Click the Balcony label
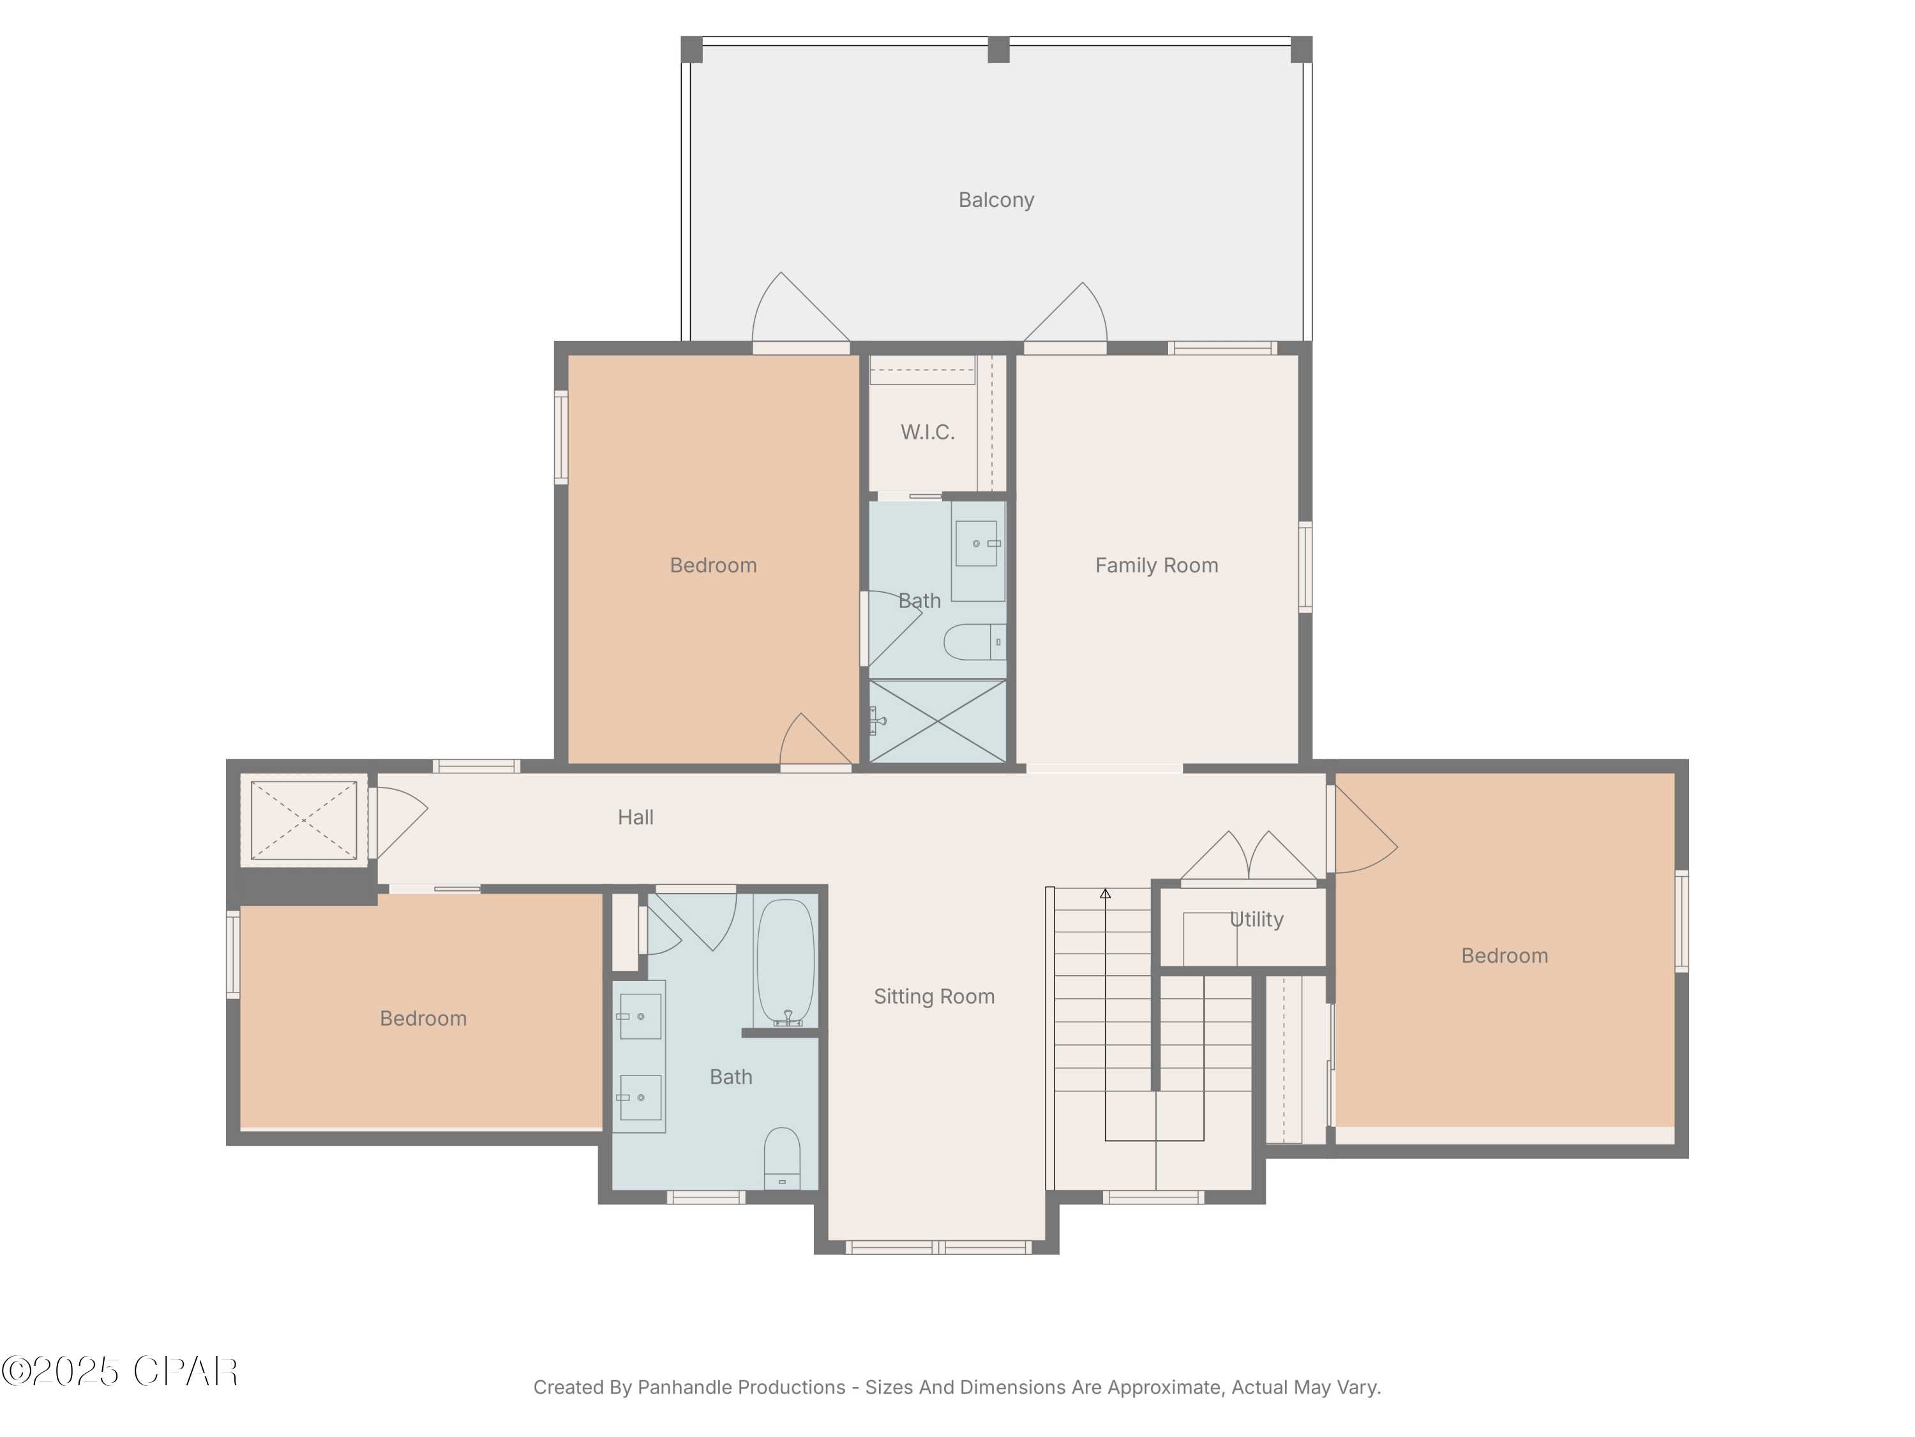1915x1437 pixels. tap(996, 200)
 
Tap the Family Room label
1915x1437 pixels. tap(1156, 566)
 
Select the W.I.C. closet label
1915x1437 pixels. tap(927, 432)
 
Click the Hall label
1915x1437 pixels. tap(635, 817)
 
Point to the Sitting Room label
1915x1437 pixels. tap(933, 996)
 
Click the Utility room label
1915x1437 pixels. tap(1256, 919)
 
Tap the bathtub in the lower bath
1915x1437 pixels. tap(785, 961)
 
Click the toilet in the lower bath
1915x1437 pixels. tap(782, 1158)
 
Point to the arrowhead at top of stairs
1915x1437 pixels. tap(1105, 893)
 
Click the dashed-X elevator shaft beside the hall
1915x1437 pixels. tap(303, 819)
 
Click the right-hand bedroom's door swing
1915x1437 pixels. tap(1363, 832)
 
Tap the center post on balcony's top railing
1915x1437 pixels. tap(998, 49)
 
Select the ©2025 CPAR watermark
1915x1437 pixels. tap(119, 1371)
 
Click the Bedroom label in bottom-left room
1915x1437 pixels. tap(423, 1018)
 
